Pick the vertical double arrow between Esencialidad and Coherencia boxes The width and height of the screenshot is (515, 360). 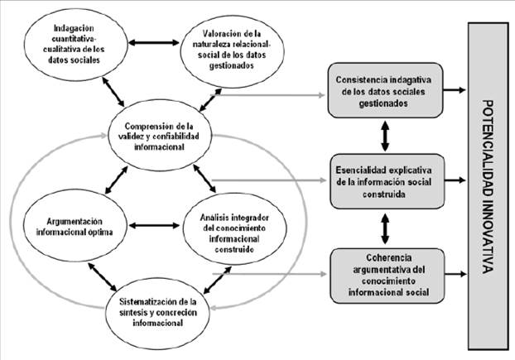click(x=383, y=223)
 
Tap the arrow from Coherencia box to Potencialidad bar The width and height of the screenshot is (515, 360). click(x=453, y=271)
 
